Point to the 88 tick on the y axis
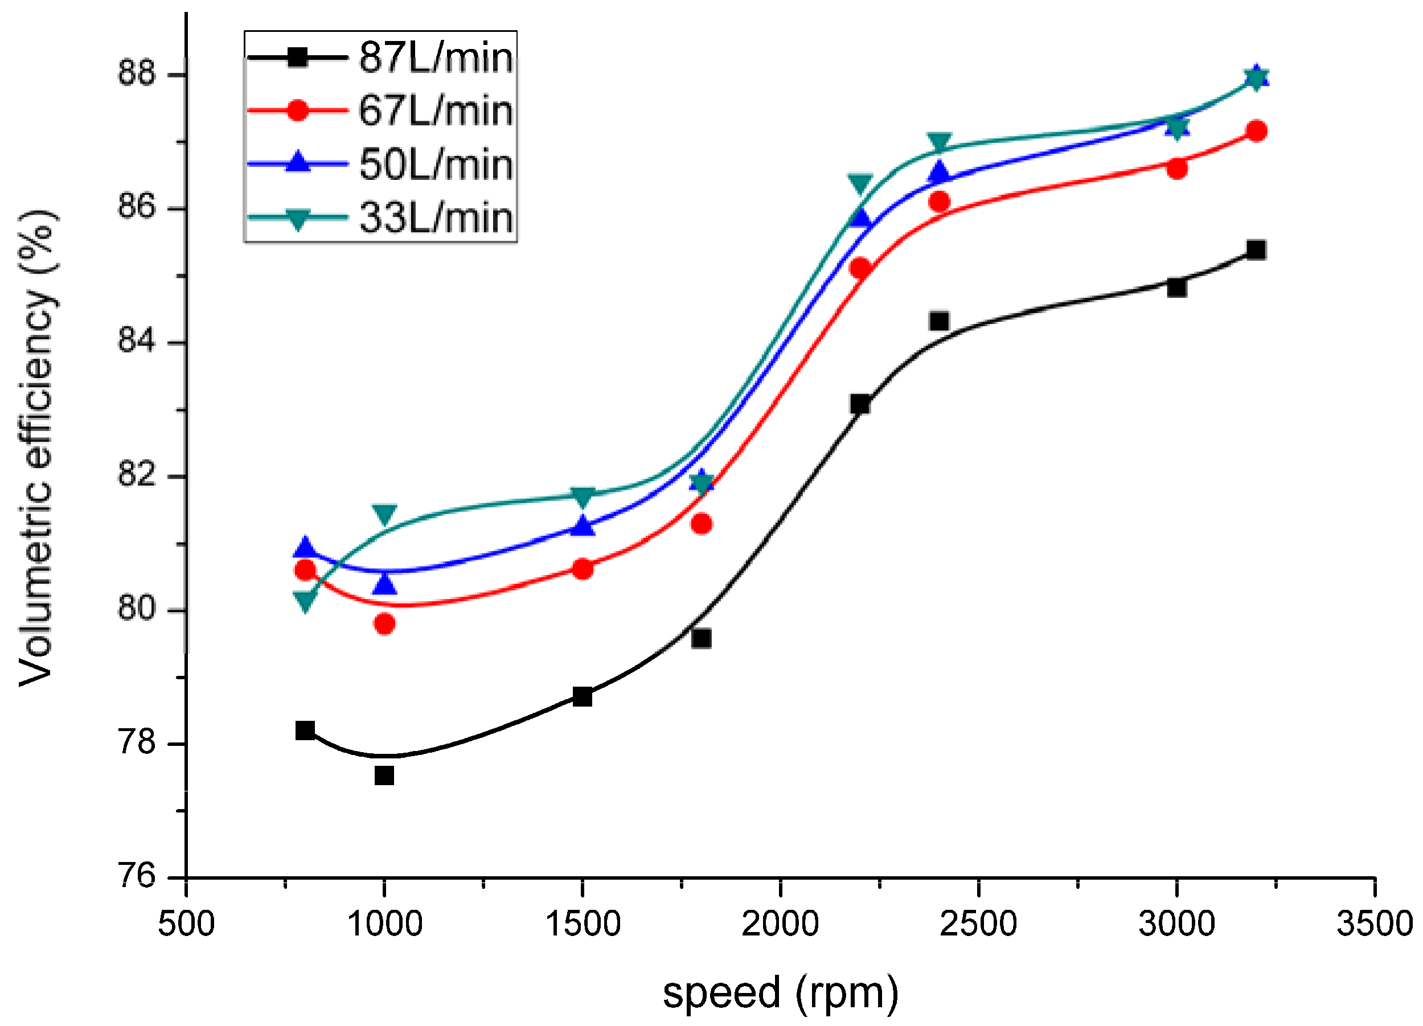136,73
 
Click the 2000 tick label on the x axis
780,924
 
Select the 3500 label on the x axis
1374,924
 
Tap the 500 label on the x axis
186,924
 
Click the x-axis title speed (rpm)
781,993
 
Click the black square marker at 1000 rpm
384,776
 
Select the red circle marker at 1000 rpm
384,624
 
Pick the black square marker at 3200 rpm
1256,250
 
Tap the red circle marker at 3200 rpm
1256,131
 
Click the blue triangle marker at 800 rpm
306,548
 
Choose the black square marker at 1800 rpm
701,639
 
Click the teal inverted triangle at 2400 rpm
939,142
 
